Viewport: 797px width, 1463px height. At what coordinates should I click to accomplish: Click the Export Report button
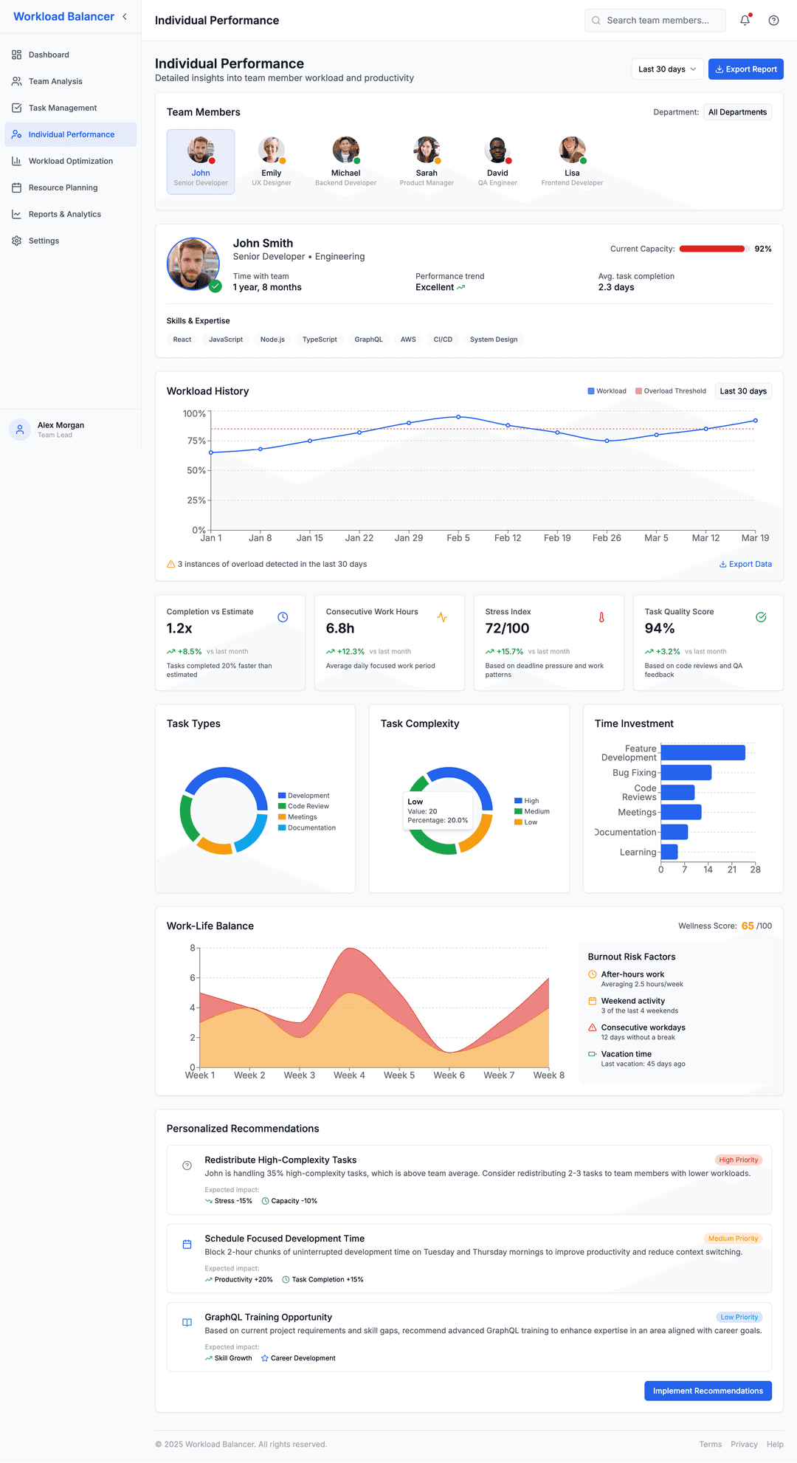(745, 69)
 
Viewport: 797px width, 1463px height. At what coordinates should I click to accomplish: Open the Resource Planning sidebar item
(63, 187)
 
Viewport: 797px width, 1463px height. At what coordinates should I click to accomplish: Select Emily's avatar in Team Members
(271, 150)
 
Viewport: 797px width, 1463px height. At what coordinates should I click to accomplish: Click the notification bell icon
(745, 21)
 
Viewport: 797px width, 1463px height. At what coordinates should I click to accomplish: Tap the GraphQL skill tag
(368, 340)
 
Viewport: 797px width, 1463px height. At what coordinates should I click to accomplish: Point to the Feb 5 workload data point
(458, 417)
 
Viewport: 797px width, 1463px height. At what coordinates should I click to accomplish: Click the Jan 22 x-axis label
(359, 538)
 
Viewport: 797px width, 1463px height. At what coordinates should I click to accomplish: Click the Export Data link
(745, 564)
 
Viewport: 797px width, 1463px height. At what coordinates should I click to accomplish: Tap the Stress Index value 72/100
(507, 628)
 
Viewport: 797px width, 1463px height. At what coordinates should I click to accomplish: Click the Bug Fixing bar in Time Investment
(686, 773)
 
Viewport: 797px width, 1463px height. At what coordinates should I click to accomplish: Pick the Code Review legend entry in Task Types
(308, 806)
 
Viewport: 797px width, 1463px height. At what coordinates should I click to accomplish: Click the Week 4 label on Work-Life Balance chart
(349, 1075)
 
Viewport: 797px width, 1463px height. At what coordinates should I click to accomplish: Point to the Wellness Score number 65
(748, 926)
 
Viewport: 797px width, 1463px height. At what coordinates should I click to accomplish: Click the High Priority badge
(738, 1160)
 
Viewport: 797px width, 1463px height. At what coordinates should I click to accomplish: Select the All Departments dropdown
(737, 112)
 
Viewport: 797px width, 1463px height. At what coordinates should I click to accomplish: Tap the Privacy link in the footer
(744, 1445)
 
